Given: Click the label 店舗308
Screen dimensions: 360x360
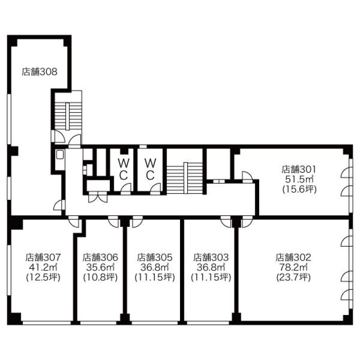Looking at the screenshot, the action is pyautogui.click(x=40, y=72).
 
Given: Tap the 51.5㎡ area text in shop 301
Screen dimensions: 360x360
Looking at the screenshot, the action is pyautogui.click(x=299, y=179).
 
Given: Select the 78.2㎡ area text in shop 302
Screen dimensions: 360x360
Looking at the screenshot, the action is pyautogui.click(x=293, y=267).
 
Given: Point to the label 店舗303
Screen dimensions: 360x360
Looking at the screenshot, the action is pyautogui.click(x=211, y=257).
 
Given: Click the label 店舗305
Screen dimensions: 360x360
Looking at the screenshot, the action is pyautogui.click(x=155, y=257).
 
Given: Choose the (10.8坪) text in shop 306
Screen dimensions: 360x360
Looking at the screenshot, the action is pyautogui.click(x=100, y=278).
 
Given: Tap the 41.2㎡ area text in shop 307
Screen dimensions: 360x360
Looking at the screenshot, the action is pyautogui.click(x=43, y=267).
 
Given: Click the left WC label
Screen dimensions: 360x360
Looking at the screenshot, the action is pyautogui.click(x=123, y=170).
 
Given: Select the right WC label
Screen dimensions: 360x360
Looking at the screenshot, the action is pyautogui.click(x=150, y=170).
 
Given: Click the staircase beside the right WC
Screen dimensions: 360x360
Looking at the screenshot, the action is pyautogui.click(x=185, y=178).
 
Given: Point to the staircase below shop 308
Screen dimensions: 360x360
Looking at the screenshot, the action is pyautogui.click(x=68, y=117).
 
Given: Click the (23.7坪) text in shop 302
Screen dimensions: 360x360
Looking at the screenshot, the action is pyautogui.click(x=293, y=278).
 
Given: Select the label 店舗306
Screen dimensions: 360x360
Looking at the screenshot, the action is pyautogui.click(x=100, y=257).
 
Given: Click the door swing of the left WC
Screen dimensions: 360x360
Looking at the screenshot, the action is pyautogui.click(x=126, y=189).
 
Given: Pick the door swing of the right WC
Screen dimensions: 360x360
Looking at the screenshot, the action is pyautogui.click(x=155, y=189).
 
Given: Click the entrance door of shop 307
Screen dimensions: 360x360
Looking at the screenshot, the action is pyautogui.click(x=74, y=221).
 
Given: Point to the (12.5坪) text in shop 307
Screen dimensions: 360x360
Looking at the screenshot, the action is pyautogui.click(x=43, y=278).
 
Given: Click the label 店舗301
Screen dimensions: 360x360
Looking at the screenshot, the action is pyautogui.click(x=299, y=169).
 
